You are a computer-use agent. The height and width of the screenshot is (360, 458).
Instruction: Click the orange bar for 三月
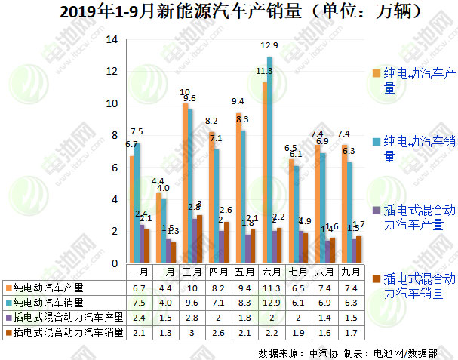tap(185, 183)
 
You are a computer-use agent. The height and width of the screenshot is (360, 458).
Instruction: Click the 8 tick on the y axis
tap(114, 136)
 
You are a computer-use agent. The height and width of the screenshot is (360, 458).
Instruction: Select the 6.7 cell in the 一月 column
tap(140, 288)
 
